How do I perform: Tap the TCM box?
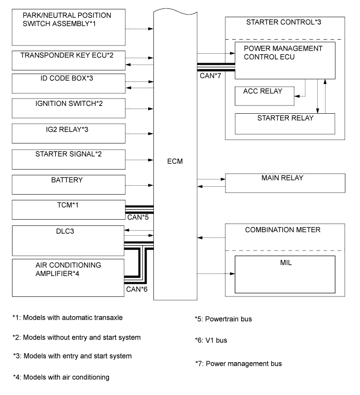[68, 210]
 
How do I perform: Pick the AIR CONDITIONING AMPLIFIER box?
[68, 275]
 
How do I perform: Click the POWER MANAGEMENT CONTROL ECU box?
[284, 61]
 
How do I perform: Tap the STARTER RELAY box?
[285, 123]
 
